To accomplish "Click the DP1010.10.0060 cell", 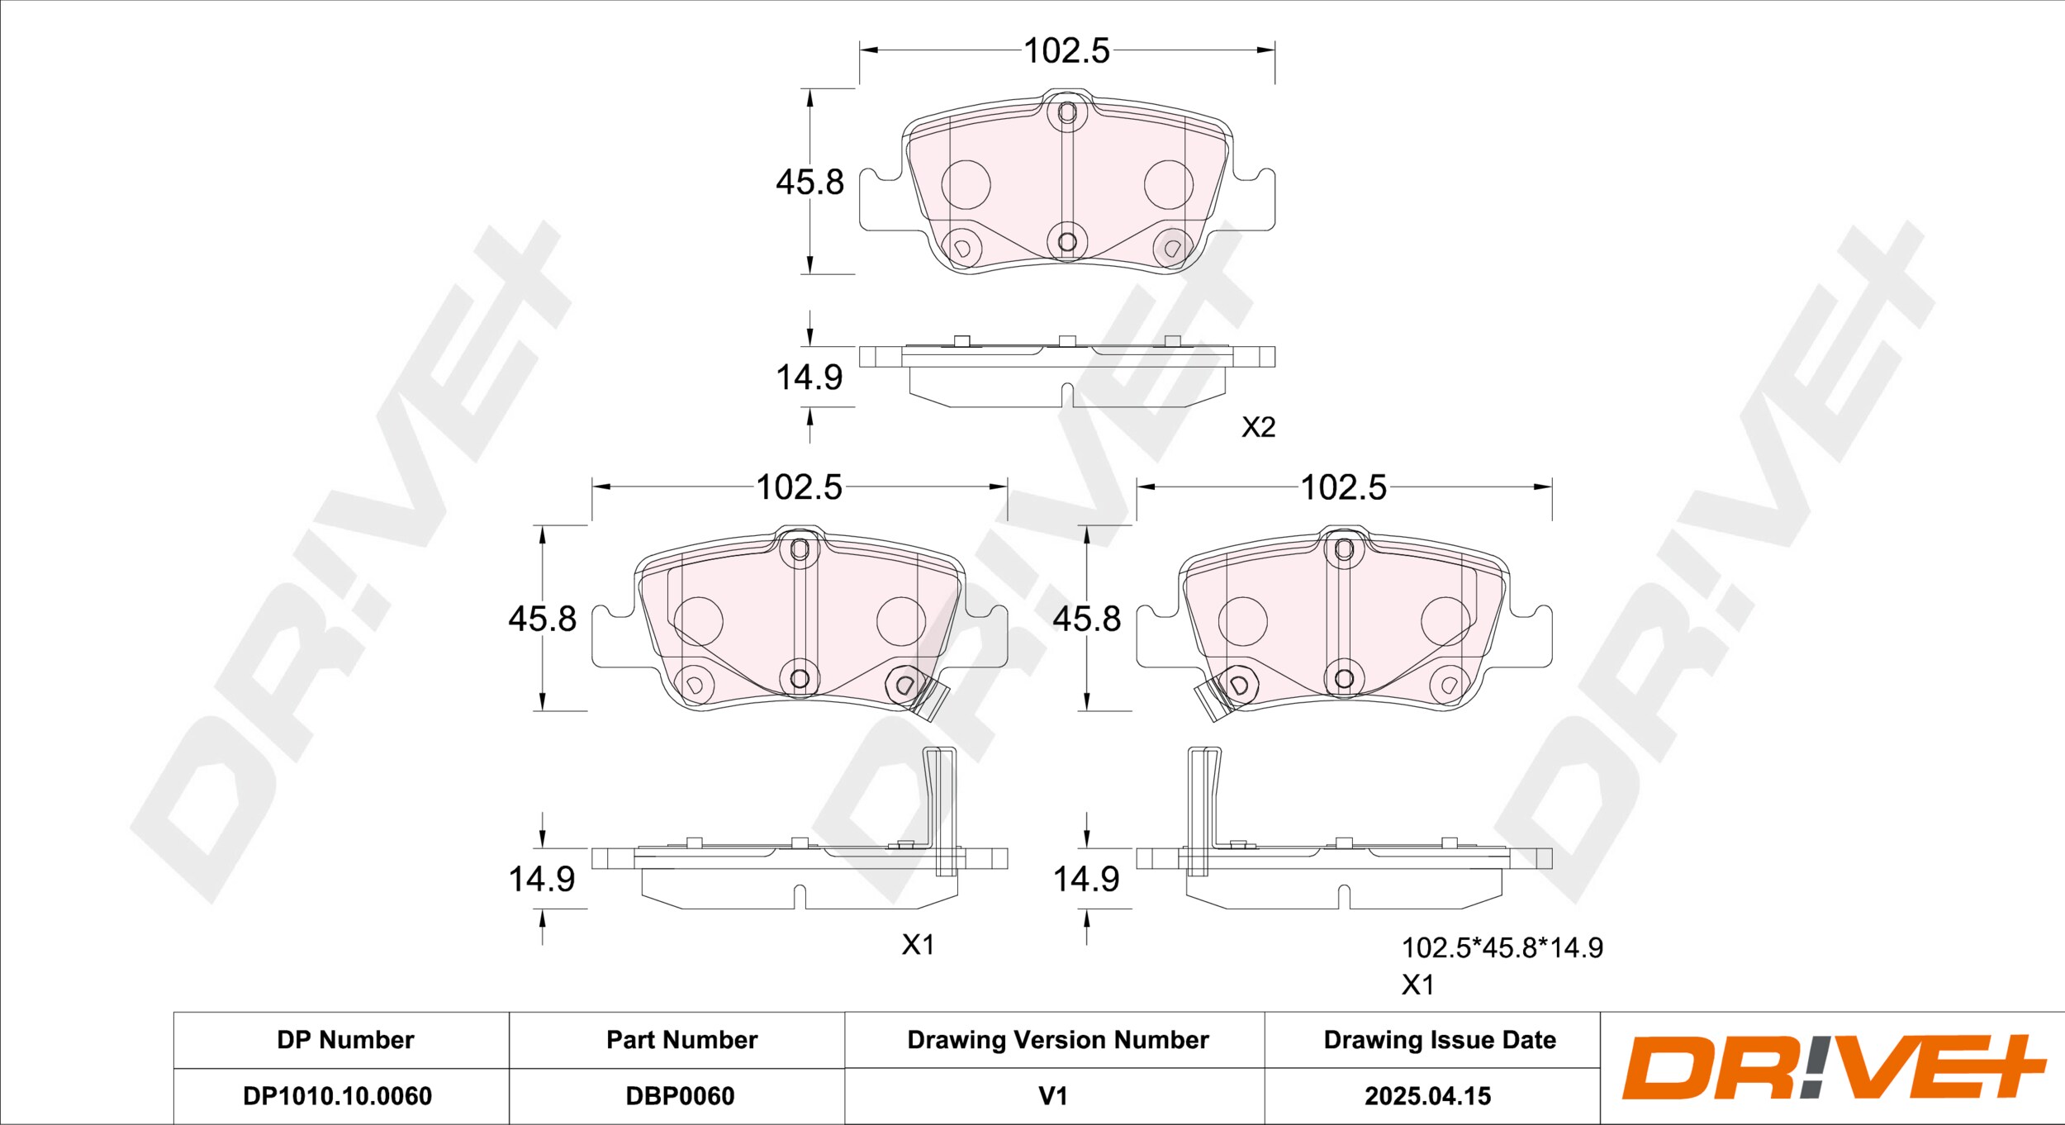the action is point(337,1096).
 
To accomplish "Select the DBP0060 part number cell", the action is point(680,1096).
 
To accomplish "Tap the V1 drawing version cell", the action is point(1053,1096).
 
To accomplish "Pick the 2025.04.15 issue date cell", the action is point(1427,1096).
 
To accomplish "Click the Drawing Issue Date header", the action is point(1440,1040).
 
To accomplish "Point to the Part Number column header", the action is point(681,1040).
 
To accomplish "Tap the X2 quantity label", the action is point(1259,427).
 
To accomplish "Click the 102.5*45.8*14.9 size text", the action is point(1502,947).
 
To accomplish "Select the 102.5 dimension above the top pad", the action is point(1066,50).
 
